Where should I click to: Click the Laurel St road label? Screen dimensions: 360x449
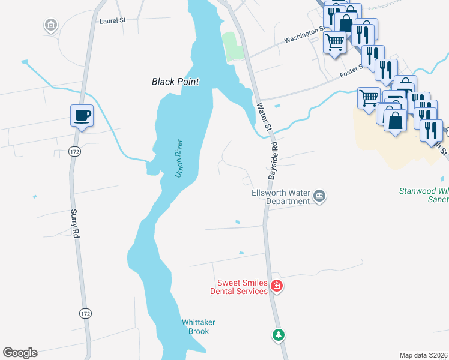[113, 20]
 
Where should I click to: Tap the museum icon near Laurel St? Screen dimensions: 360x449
[51, 25]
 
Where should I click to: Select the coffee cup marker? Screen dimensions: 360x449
[82, 115]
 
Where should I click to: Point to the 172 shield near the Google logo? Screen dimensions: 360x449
[86, 313]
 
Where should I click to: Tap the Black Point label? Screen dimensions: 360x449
[175, 82]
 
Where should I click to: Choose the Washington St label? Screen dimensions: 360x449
[306, 34]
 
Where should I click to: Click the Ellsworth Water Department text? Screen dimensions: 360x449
[280, 197]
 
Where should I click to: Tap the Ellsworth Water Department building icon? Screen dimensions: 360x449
[320, 197]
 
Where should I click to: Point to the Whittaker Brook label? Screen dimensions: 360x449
[199, 327]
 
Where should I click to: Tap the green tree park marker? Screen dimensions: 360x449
[278, 335]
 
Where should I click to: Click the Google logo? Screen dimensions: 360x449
[20, 353]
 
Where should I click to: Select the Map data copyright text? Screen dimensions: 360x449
[423, 355]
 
